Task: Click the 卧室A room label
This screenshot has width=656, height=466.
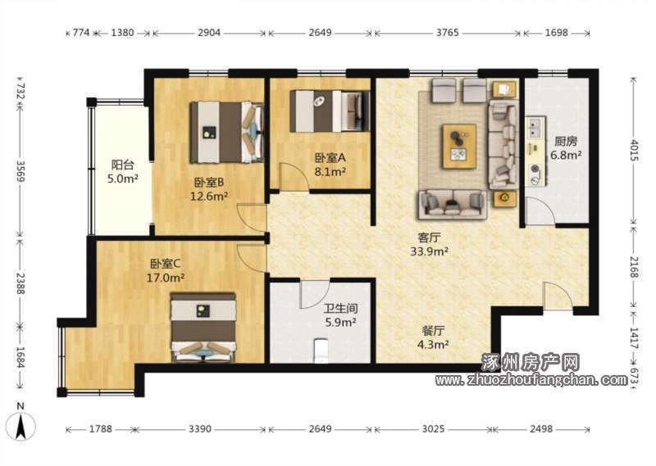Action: tap(330, 157)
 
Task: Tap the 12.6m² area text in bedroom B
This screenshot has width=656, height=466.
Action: tap(209, 196)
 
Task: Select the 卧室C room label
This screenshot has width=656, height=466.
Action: tap(166, 264)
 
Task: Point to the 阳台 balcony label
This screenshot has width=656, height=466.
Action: tap(122, 165)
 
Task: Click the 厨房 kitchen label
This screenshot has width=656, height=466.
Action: tap(566, 141)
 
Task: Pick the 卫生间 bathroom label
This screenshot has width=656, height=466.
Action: tap(341, 309)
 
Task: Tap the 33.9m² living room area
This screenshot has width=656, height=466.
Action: tap(429, 251)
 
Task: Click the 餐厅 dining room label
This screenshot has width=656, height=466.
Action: tap(433, 331)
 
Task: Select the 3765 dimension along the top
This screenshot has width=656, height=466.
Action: tap(447, 33)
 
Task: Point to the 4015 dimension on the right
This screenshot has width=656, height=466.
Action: tap(635, 150)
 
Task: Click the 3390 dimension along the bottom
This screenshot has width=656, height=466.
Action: tap(200, 429)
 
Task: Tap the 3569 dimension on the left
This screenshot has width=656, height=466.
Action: tap(20, 170)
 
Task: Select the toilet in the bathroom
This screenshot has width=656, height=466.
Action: tap(321, 351)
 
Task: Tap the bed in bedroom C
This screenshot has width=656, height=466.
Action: tap(203, 327)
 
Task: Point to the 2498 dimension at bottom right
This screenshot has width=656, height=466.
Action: tap(541, 429)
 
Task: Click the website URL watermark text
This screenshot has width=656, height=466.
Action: tap(531, 380)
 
